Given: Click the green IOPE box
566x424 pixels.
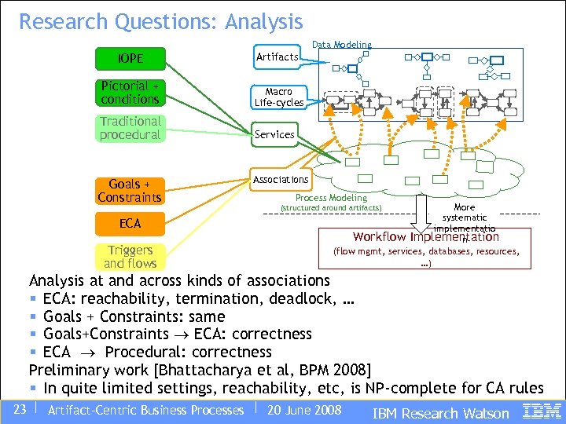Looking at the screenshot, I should [130, 58].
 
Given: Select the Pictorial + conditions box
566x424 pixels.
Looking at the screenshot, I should [130, 93].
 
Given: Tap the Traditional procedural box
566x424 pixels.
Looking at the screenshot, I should [130, 128].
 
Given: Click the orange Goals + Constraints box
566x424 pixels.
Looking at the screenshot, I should [130, 191].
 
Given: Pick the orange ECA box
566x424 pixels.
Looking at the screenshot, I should [130, 224].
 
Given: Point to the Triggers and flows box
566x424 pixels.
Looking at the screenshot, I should [130, 257].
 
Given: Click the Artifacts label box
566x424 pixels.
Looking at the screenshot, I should [277, 57].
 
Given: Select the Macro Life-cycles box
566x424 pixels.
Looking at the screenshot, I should [278, 97].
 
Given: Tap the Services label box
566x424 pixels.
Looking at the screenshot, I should [275, 134].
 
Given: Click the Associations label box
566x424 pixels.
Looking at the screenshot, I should [281, 180].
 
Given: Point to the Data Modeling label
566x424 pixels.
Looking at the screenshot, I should [342, 46].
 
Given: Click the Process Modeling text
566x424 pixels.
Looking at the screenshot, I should [331, 198].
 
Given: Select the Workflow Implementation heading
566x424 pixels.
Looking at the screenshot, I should [425, 236].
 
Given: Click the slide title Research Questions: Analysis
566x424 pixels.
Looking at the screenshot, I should [161, 21].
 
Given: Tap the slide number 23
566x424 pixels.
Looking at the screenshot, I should [20, 410].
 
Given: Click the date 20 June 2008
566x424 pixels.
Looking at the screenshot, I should [304, 410].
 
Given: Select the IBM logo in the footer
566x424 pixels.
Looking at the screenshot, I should [542, 411].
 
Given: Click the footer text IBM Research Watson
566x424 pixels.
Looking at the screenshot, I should [440, 413].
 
